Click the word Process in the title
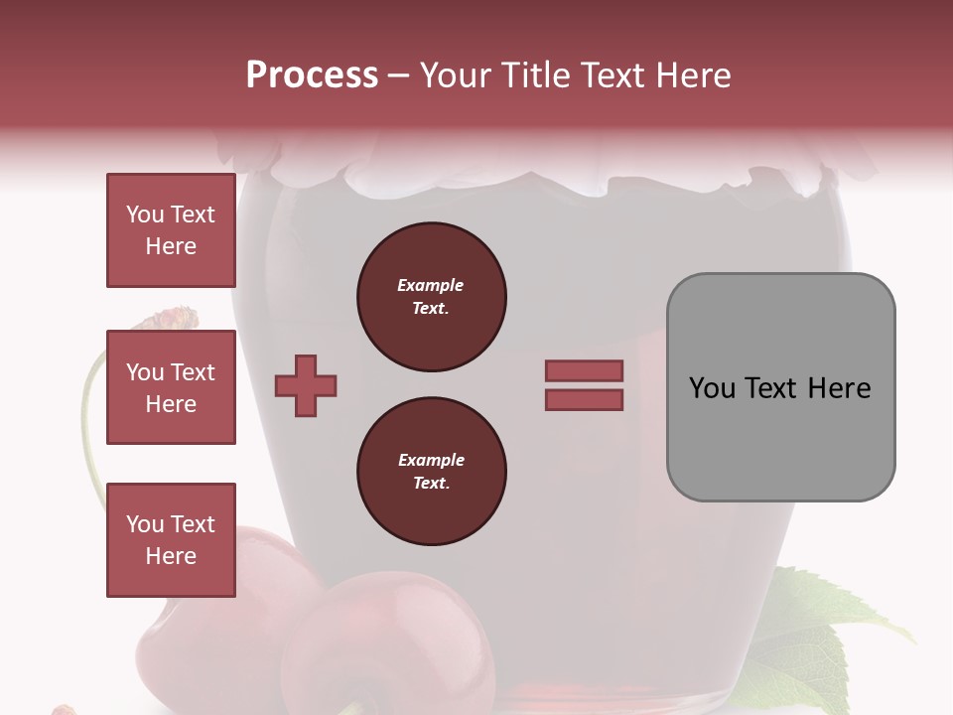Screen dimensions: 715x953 (x=312, y=75)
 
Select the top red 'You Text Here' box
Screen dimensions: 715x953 (x=171, y=230)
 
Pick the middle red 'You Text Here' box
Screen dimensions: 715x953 (x=171, y=387)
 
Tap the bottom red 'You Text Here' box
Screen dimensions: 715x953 (x=171, y=540)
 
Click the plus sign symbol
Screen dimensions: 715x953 (x=306, y=384)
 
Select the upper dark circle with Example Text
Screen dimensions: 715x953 (x=432, y=297)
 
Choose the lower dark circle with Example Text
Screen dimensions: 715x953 (x=432, y=472)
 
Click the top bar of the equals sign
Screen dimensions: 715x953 (x=584, y=370)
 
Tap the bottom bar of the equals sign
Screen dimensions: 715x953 (x=584, y=399)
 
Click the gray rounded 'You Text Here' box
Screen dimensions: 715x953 (x=780, y=387)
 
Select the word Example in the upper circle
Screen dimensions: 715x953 (x=431, y=285)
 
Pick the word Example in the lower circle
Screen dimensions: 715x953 (x=431, y=460)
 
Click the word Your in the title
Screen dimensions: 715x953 (x=457, y=75)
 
